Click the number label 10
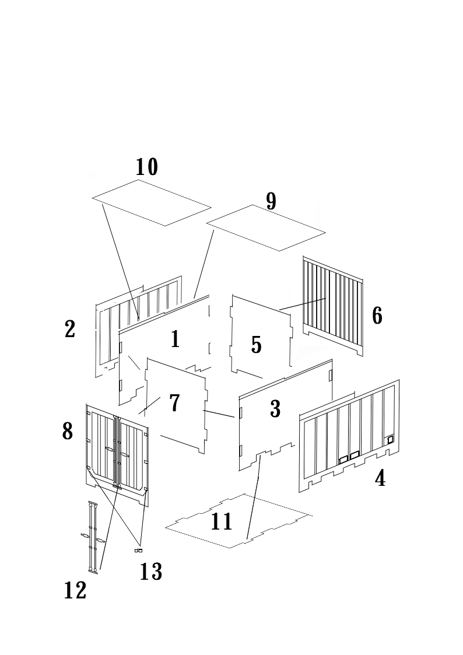click(147, 167)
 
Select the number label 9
click(271, 201)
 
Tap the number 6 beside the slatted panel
click(377, 316)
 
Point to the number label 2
click(70, 330)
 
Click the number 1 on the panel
click(175, 339)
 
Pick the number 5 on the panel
click(257, 345)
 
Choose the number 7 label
click(174, 403)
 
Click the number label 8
click(68, 432)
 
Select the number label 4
click(380, 479)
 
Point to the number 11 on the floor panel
click(222, 521)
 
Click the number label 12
click(75, 590)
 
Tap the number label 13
click(151, 572)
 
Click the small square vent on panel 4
click(391, 439)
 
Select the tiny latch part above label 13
click(138, 551)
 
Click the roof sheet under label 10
click(152, 202)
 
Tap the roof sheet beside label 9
click(266, 227)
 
